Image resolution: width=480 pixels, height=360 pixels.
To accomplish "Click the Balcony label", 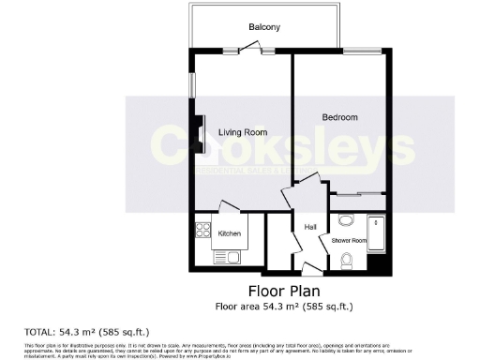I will coord(263,27).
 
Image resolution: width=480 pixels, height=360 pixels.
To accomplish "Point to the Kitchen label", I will coord(230,233).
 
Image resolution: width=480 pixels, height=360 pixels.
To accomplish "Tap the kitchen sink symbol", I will coord(228,256).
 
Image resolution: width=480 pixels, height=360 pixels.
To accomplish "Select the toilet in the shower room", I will coord(347,260).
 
